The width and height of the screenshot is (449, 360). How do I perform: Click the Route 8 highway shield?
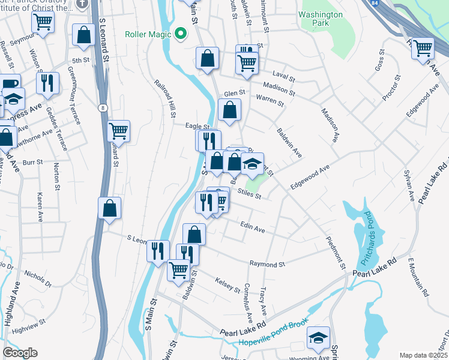click(x=103, y=107)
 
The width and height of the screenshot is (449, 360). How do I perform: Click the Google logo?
click(x=19, y=353)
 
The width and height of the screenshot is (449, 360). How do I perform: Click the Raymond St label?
click(x=267, y=264)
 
